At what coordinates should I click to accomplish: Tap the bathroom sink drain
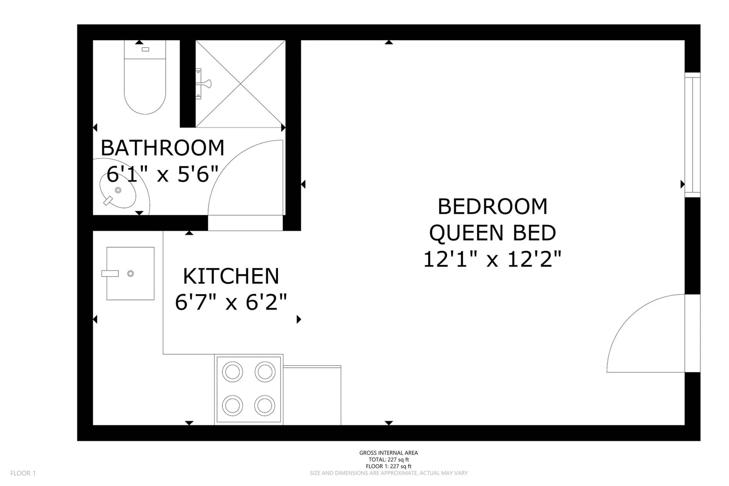click(118, 190)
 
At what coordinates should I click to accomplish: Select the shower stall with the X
click(241, 84)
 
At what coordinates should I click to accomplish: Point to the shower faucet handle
click(205, 84)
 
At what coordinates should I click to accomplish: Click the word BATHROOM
click(162, 148)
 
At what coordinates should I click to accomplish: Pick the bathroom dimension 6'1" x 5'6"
click(162, 174)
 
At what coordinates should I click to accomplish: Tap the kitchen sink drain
click(130, 274)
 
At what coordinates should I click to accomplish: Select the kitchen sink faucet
click(110, 274)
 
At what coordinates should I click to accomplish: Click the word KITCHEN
click(231, 276)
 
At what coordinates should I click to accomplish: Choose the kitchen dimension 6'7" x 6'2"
click(231, 302)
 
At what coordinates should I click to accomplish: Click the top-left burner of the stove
click(232, 372)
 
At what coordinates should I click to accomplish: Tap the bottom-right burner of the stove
click(265, 406)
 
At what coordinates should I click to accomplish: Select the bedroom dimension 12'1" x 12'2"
click(493, 259)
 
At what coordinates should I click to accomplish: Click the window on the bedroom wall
click(692, 134)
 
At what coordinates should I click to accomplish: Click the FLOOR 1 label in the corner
click(23, 473)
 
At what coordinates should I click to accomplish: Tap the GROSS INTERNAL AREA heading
click(389, 453)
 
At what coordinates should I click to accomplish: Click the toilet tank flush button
click(145, 50)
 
